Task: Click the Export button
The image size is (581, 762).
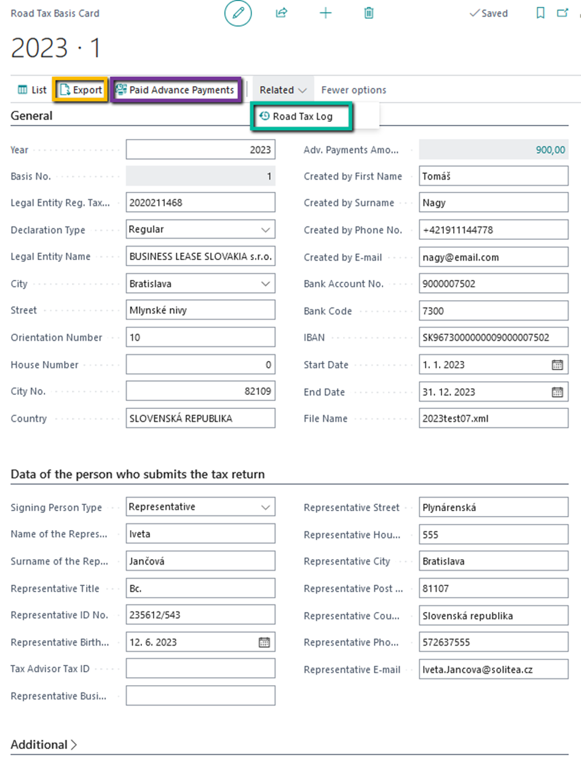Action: tap(81, 90)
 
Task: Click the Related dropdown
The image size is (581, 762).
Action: tap(282, 90)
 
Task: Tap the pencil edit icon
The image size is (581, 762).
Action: tap(238, 13)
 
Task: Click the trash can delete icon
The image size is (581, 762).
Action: tap(369, 13)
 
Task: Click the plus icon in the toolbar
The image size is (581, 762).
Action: tap(325, 13)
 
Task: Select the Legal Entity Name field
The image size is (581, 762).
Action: tap(200, 257)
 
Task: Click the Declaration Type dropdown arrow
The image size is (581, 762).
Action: tap(266, 230)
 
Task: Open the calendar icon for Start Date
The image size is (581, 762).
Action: tap(557, 365)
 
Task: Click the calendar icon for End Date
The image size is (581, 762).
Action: tap(557, 392)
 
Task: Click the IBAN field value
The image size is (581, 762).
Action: tap(493, 338)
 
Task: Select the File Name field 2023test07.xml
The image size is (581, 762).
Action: tap(493, 419)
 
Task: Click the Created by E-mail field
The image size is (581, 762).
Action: tap(493, 257)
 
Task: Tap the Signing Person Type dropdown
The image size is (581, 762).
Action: tap(200, 507)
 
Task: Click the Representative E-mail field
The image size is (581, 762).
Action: tap(493, 670)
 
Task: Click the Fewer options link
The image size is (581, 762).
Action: tap(354, 90)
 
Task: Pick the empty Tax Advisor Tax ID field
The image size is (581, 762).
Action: tap(200, 669)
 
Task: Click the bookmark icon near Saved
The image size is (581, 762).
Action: tap(540, 13)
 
